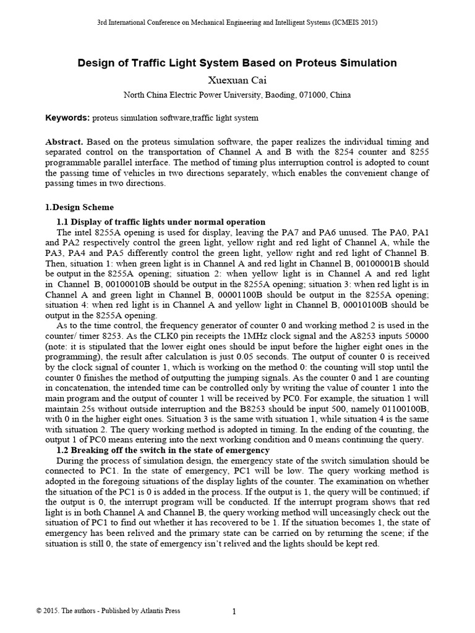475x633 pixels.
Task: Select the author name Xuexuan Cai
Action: (237, 80)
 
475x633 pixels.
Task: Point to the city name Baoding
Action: (275, 95)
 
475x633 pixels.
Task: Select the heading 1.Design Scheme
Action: (79, 207)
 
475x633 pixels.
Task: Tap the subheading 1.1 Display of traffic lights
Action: (161, 222)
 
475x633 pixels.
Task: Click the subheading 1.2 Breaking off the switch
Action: (163, 450)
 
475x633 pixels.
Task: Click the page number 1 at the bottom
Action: (234, 612)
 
